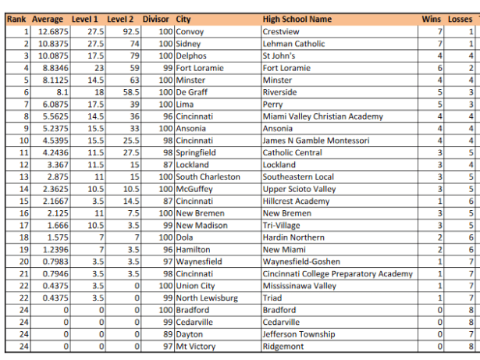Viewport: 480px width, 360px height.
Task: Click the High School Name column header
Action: point(297,19)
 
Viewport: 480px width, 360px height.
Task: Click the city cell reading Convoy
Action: point(190,32)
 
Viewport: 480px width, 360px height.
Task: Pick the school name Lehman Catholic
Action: point(293,44)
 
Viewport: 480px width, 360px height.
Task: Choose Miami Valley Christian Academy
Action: point(323,116)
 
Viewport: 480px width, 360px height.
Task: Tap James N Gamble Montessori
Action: point(316,141)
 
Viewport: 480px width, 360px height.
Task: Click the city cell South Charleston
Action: point(208,177)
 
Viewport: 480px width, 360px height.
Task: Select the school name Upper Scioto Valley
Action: point(300,189)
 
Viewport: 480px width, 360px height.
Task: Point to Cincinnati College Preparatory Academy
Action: point(338,274)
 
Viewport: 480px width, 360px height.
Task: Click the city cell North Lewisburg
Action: point(207,298)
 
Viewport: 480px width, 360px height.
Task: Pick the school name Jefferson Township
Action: point(299,334)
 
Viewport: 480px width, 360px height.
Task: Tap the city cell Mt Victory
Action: point(196,347)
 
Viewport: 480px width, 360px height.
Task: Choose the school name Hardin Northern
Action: point(293,237)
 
